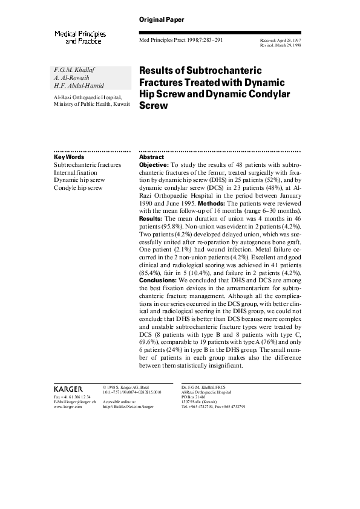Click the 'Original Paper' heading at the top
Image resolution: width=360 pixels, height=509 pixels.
click(162, 20)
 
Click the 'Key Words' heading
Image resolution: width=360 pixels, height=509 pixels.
click(69, 157)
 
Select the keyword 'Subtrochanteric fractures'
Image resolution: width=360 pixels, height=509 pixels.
click(87, 164)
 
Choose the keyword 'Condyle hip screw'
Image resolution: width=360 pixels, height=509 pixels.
click(78, 187)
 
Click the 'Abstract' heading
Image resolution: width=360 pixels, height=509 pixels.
click(151, 157)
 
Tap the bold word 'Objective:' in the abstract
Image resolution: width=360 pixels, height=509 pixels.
click(154, 164)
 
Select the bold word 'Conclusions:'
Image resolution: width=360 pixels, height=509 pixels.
click(157, 280)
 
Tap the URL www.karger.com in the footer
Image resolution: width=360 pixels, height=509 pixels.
click(68, 407)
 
